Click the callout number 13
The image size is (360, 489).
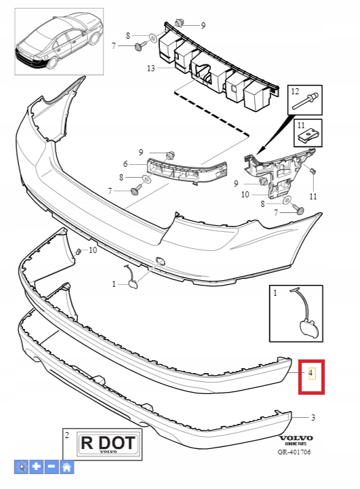pos(151,68)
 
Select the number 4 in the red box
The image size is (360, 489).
pos(311,372)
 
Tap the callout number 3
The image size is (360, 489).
pos(313,417)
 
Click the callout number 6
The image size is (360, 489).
pos(125,163)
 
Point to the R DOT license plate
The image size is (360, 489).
pos(108,443)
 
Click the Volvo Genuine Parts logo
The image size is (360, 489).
pos(296,440)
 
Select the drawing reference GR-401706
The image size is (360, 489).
pos(294,452)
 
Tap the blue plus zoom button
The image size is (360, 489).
pos(37,467)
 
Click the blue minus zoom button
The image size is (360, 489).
pos(52,467)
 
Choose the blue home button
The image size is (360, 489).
pos(67,467)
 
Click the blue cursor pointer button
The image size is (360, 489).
pos(21,467)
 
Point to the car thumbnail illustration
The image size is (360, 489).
pos(59,41)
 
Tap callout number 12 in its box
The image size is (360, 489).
pos(295,92)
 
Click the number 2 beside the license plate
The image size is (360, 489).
pos(67,435)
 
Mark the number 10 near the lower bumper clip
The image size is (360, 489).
pos(93,250)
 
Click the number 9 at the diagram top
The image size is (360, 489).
pos(203,25)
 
